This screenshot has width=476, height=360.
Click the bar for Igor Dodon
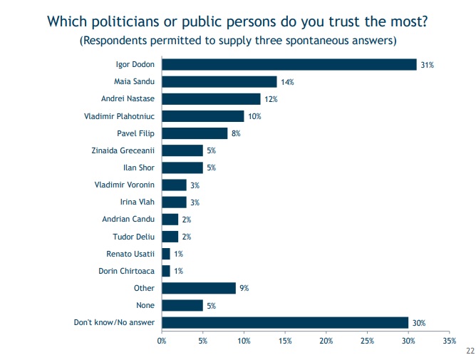pyautogui.click(x=289, y=65)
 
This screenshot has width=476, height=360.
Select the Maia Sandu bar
pyautogui.click(x=219, y=82)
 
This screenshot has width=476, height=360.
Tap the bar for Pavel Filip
pyautogui.click(x=195, y=133)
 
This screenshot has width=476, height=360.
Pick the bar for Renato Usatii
pyautogui.click(x=166, y=254)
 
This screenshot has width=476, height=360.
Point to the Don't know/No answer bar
pyautogui.click(x=285, y=323)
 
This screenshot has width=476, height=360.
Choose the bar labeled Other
pyautogui.click(x=199, y=288)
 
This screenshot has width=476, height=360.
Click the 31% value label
pyautogui.click(x=427, y=65)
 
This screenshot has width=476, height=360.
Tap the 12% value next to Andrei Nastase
pyautogui.click(x=271, y=99)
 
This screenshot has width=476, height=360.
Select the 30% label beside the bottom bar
pyautogui.click(x=419, y=323)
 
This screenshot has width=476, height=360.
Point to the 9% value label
pyautogui.click(x=244, y=288)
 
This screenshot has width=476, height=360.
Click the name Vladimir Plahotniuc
pyautogui.click(x=119, y=116)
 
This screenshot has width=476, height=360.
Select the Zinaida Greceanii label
pyautogui.click(x=123, y=150)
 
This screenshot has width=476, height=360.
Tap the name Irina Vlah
pyautogui.click(x=138, y=202)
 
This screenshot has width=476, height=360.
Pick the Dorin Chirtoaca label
pyautogui.click(x=126, y=271)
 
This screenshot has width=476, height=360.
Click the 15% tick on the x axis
pyautogui.click(x=285, y=341)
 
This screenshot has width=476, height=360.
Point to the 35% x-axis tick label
pyautogui.click(x=450, y=341)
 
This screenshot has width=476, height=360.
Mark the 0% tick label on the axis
pyautogui.click(x=162, y=341)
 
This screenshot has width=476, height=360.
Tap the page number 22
pyautogui.click(x=470, y=351)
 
